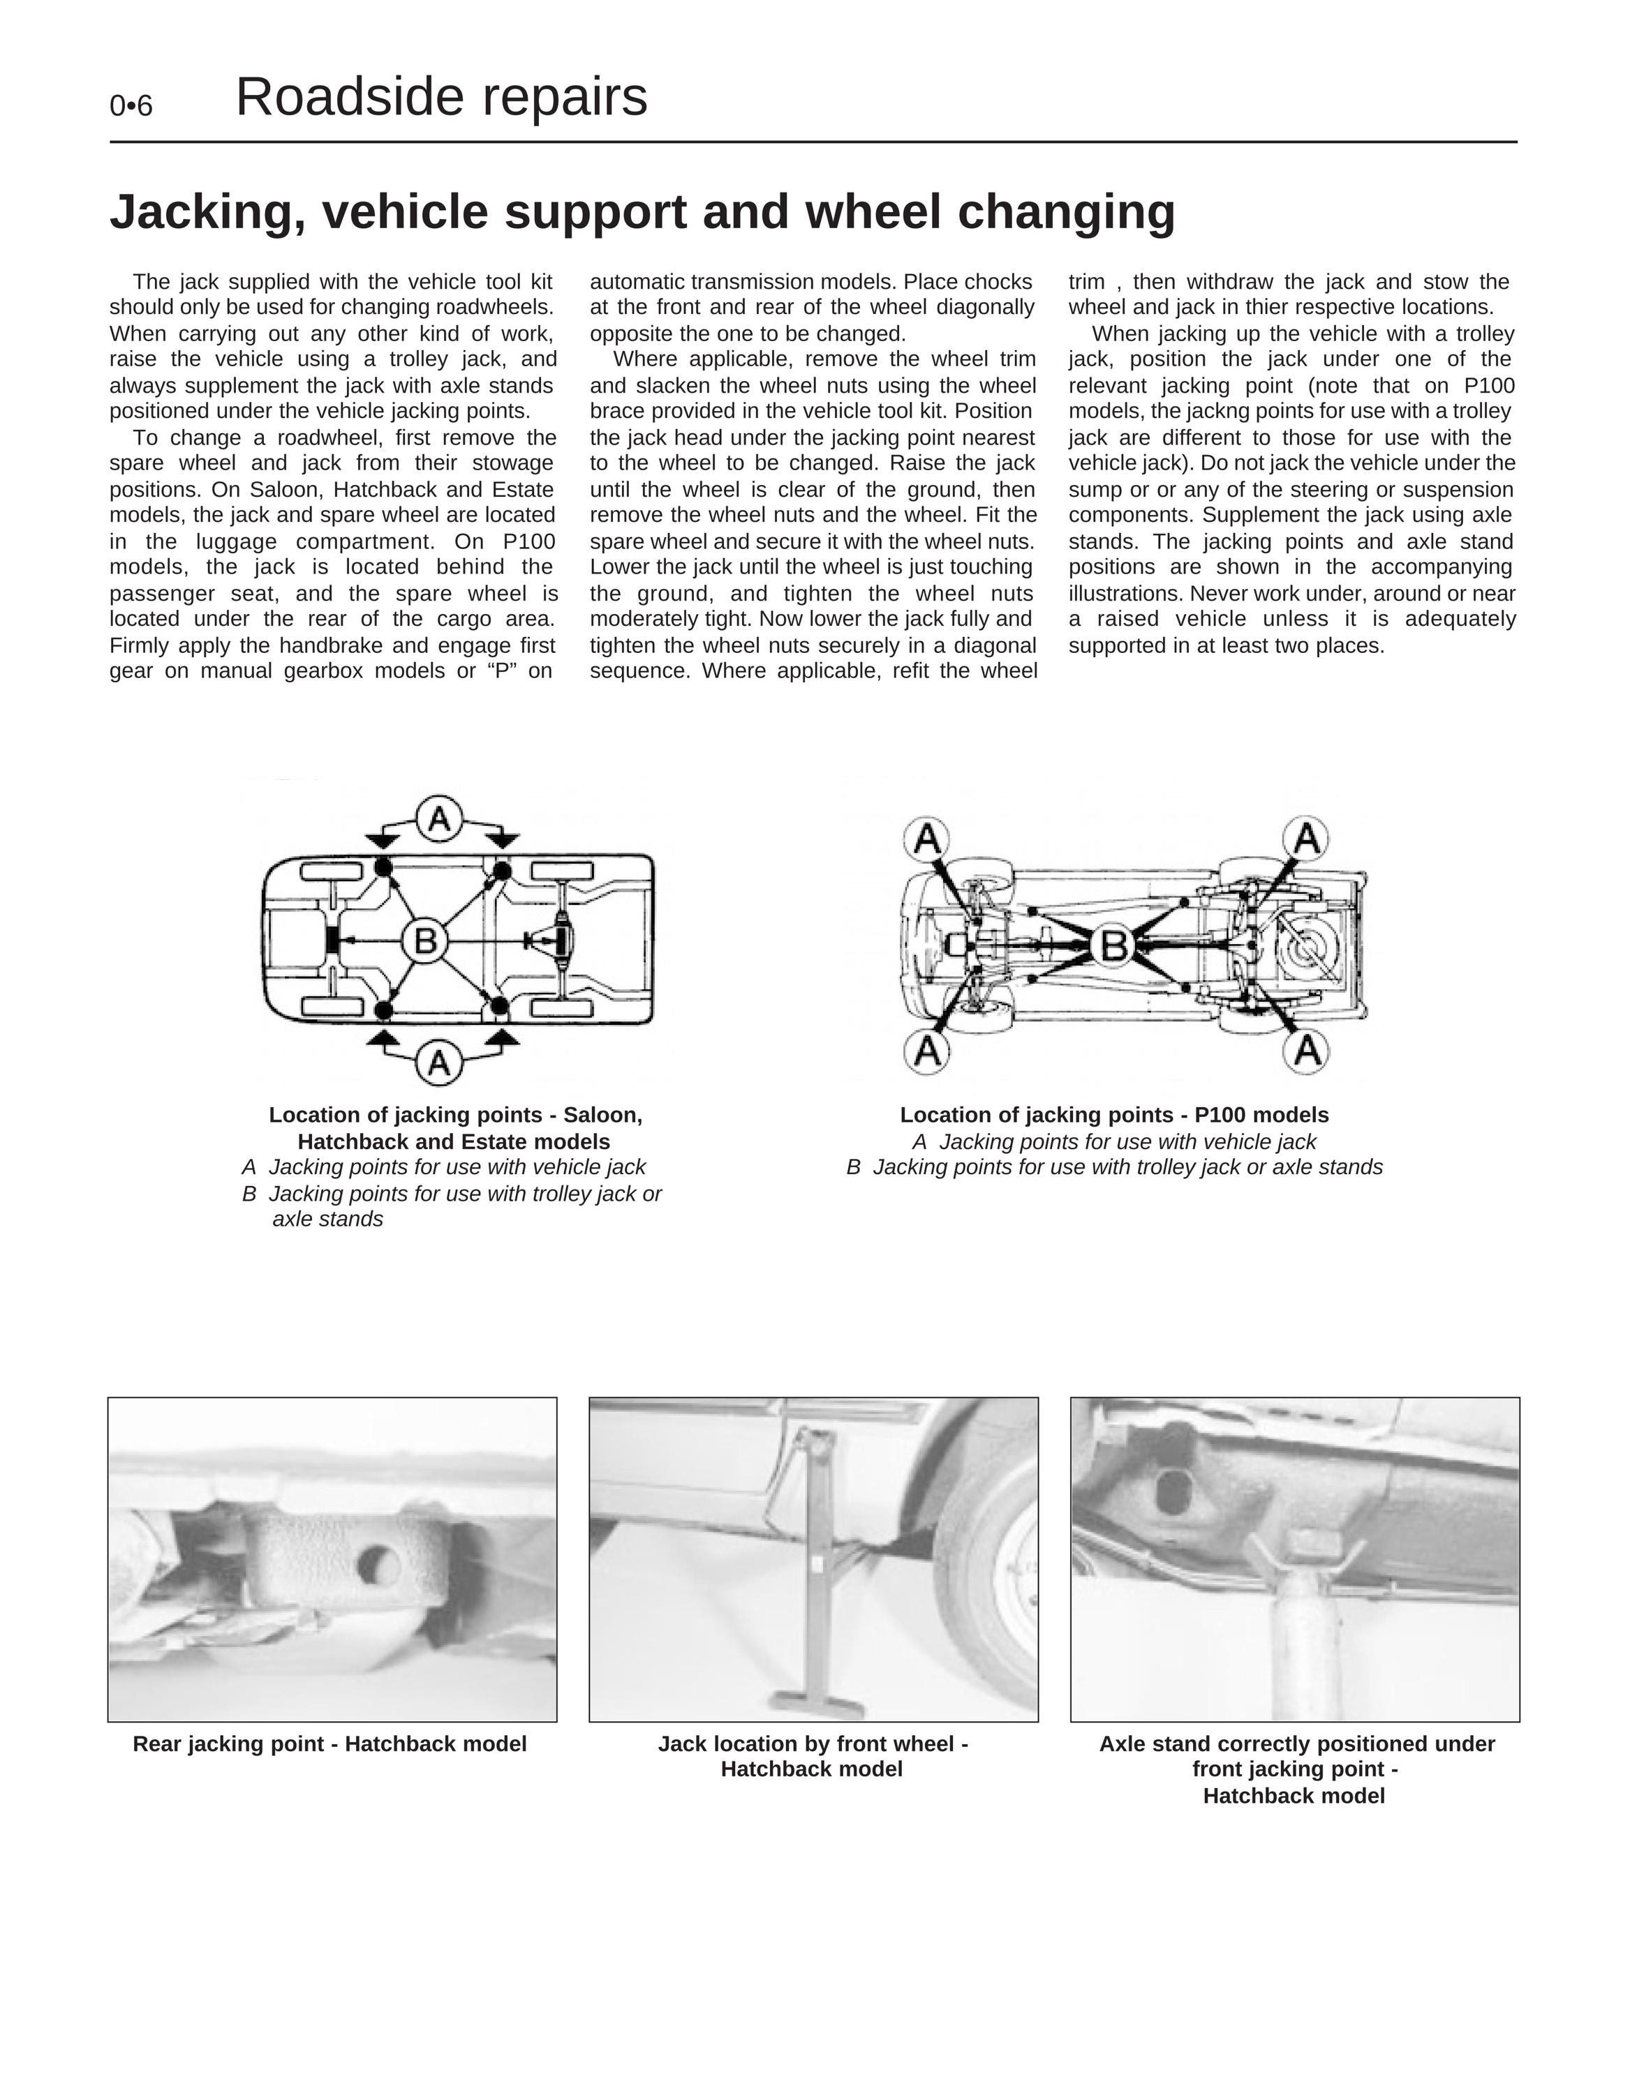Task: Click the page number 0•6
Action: (131, 105)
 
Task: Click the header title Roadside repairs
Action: (441, 97)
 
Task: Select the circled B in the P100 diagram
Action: (1113, 945)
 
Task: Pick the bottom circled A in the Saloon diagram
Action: (439, 1063)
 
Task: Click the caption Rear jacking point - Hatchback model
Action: (329, 1744)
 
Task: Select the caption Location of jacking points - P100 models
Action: (1114, 1115)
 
